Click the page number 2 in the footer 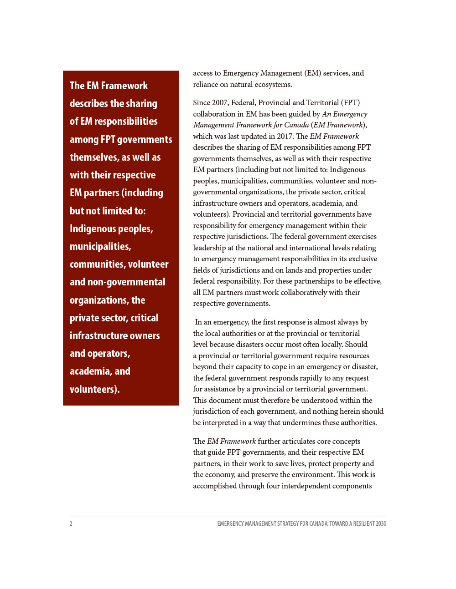click(71, 523)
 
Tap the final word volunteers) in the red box click(94, 389)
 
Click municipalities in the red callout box click(100, 246)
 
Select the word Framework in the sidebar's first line click(124, 86)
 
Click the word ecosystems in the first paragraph click(273, 84)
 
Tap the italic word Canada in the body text click(296, 125)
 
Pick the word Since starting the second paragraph click(202, 102)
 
